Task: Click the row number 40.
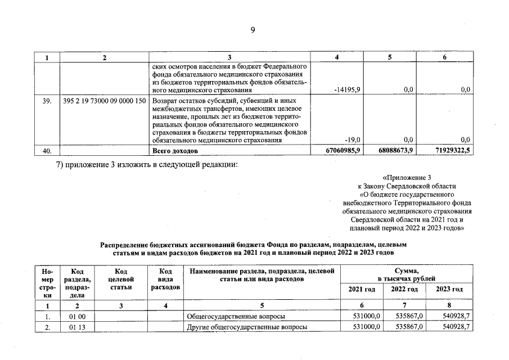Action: [x=47, y=150]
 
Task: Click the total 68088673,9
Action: [x=396, y=150]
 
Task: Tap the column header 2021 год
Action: [x=362, y=289]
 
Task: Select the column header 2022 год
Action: [x=404, y=289]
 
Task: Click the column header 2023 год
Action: [x=449, y=289]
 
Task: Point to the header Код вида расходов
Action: [x=165, y=279]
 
